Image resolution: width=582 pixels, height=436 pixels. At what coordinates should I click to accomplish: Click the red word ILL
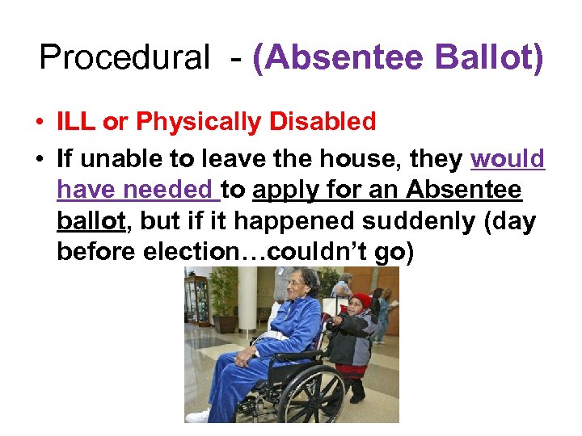[77, 122]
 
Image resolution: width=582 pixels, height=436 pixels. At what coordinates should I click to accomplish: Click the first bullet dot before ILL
[39, 123]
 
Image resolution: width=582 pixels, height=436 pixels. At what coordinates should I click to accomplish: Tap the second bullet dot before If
[39, 160]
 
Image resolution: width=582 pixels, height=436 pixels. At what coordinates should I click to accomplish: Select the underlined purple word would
[508, 159]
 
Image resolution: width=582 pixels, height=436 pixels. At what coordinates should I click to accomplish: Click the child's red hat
[361, 301]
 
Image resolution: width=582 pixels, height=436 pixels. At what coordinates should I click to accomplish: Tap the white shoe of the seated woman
[197, 417]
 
